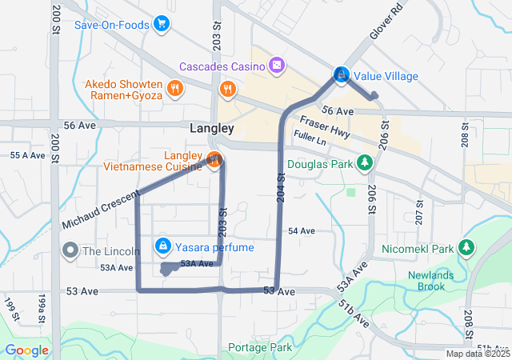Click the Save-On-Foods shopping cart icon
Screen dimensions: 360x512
pos(162,24)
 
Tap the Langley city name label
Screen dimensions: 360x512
pos(212,128)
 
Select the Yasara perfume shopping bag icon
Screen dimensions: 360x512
pos(162,245)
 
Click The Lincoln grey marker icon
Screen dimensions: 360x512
pos(70,250)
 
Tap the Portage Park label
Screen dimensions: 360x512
pos(259,347)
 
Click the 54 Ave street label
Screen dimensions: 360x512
pos(302,230)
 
